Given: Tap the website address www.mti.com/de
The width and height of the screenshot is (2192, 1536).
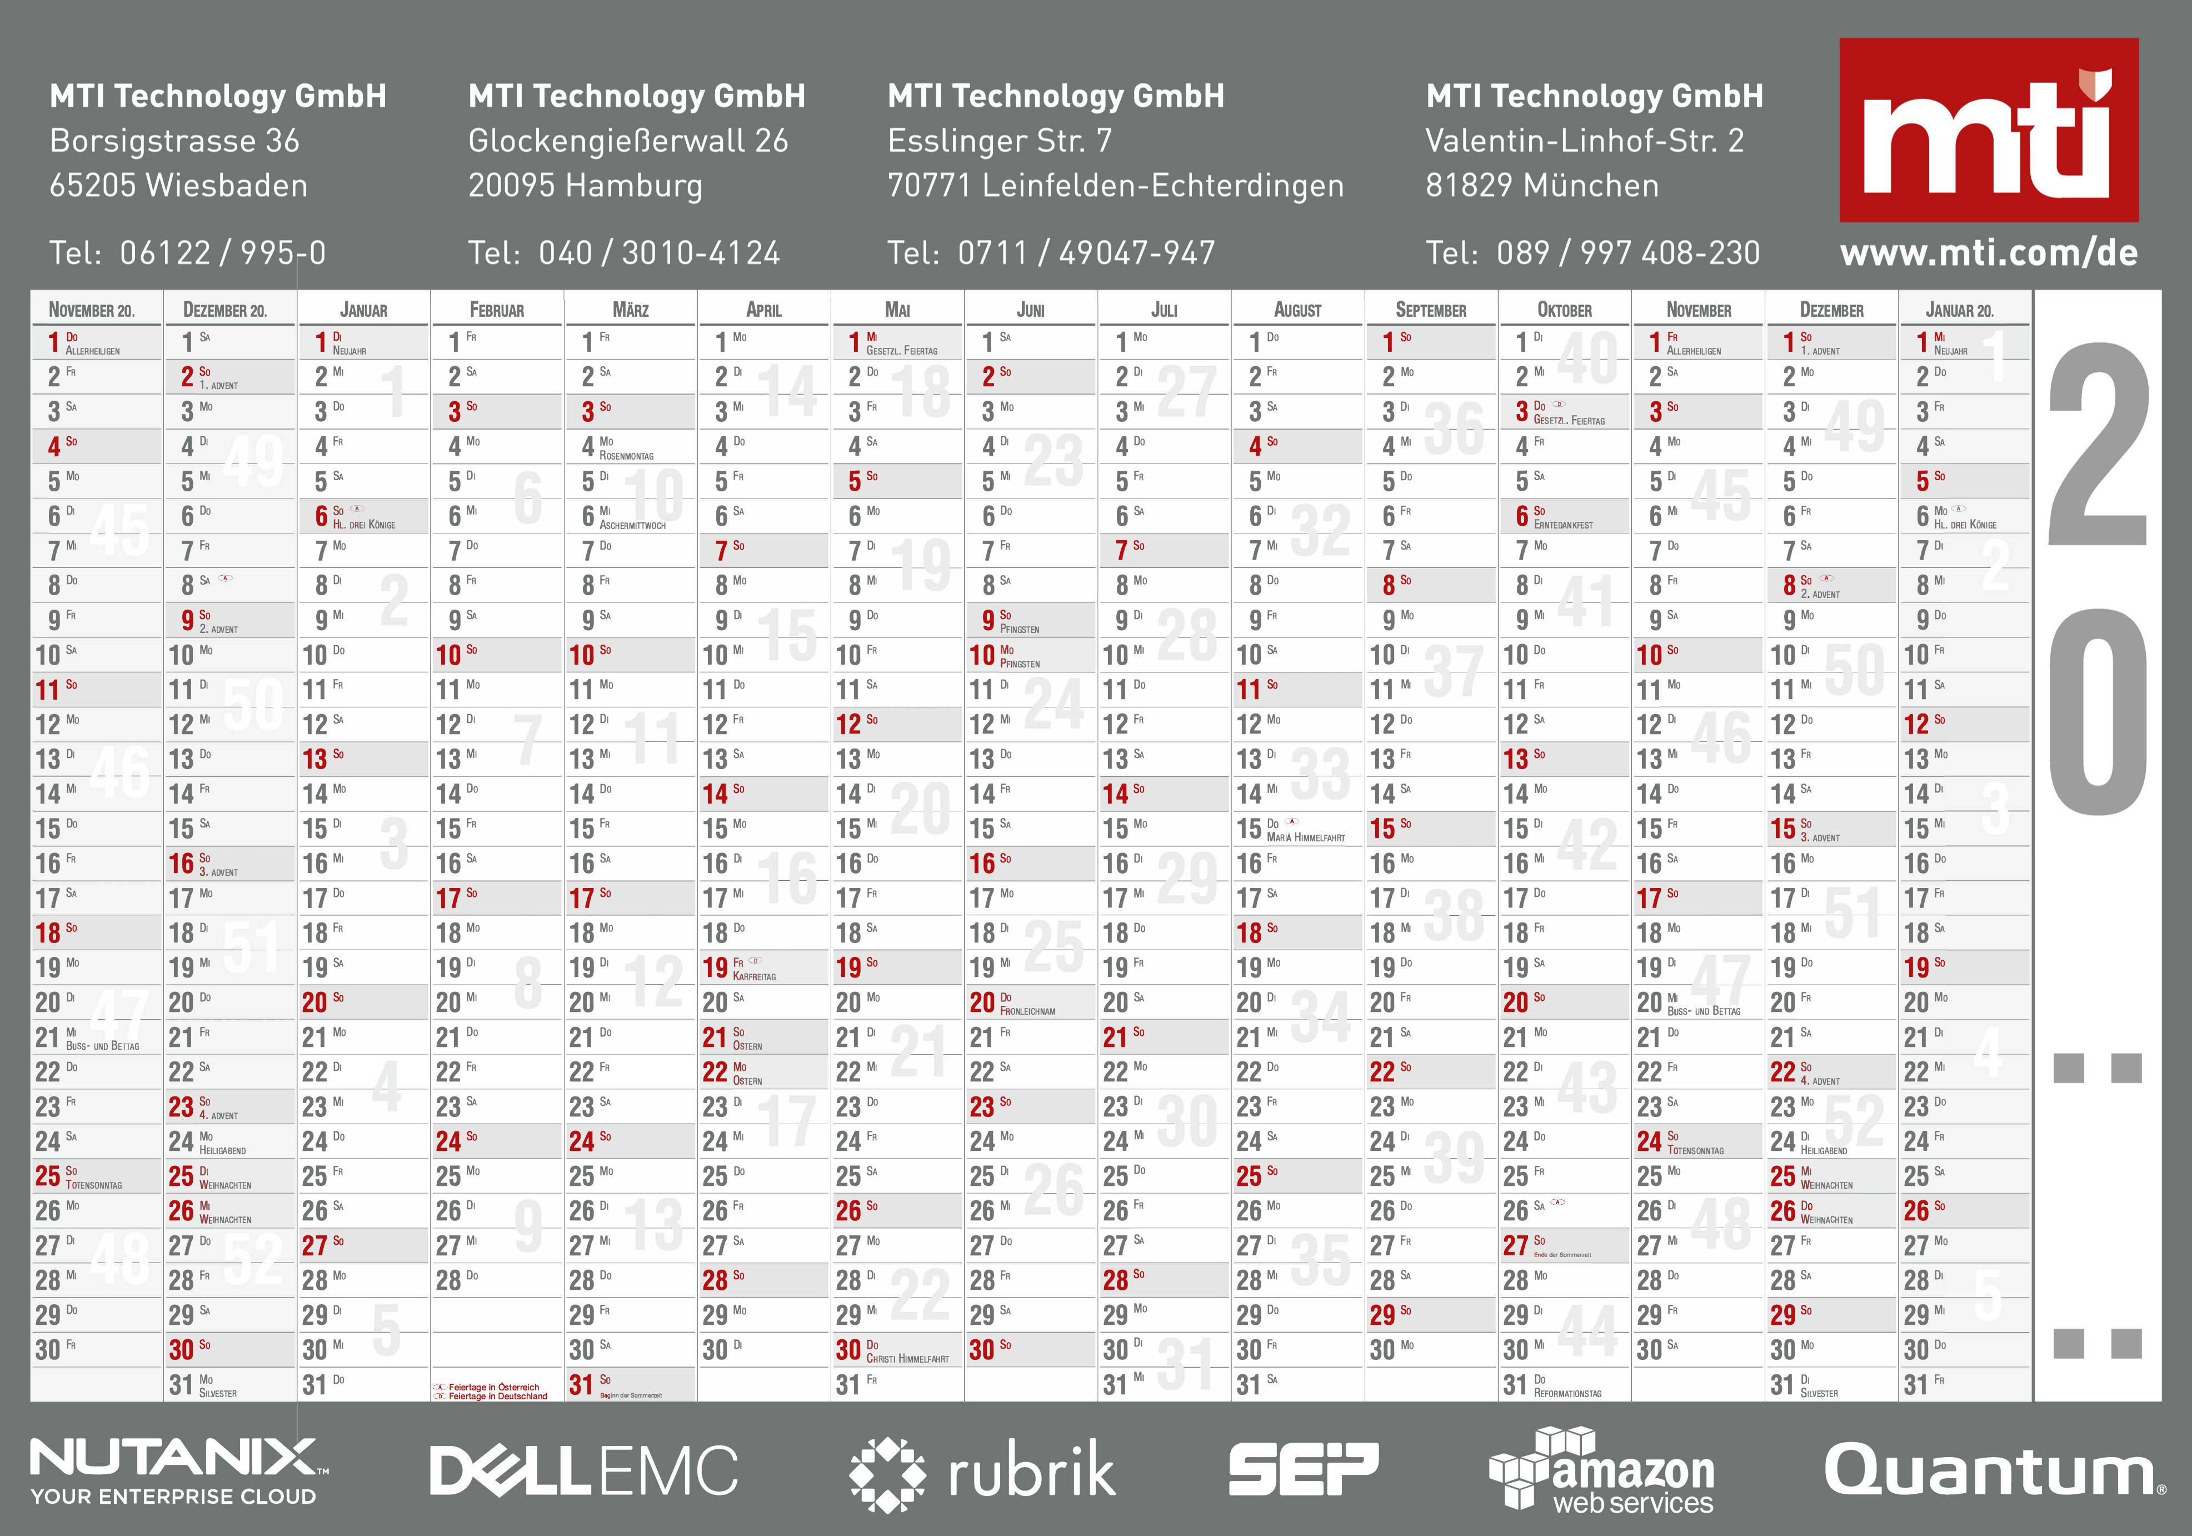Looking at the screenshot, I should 1989,253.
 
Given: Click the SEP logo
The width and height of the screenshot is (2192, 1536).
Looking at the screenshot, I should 1303,1469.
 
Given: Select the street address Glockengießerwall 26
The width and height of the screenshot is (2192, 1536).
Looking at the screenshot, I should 628,141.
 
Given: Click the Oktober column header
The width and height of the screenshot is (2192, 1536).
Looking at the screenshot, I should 1565,310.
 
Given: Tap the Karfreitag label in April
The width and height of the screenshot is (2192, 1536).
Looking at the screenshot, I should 754,976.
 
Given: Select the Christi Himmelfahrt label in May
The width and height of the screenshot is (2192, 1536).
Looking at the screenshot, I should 907,1358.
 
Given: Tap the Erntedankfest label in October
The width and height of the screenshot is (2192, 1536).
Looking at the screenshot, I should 1563,525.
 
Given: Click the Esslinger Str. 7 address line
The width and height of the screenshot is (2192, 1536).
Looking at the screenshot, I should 1000,141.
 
